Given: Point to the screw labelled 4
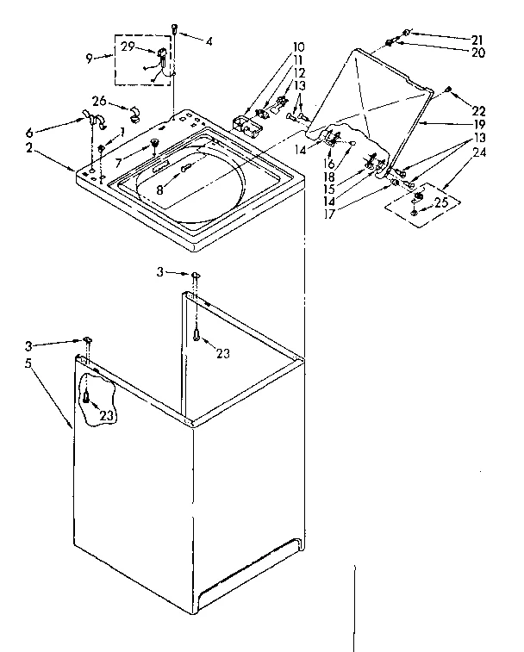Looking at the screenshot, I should click(176, 29).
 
